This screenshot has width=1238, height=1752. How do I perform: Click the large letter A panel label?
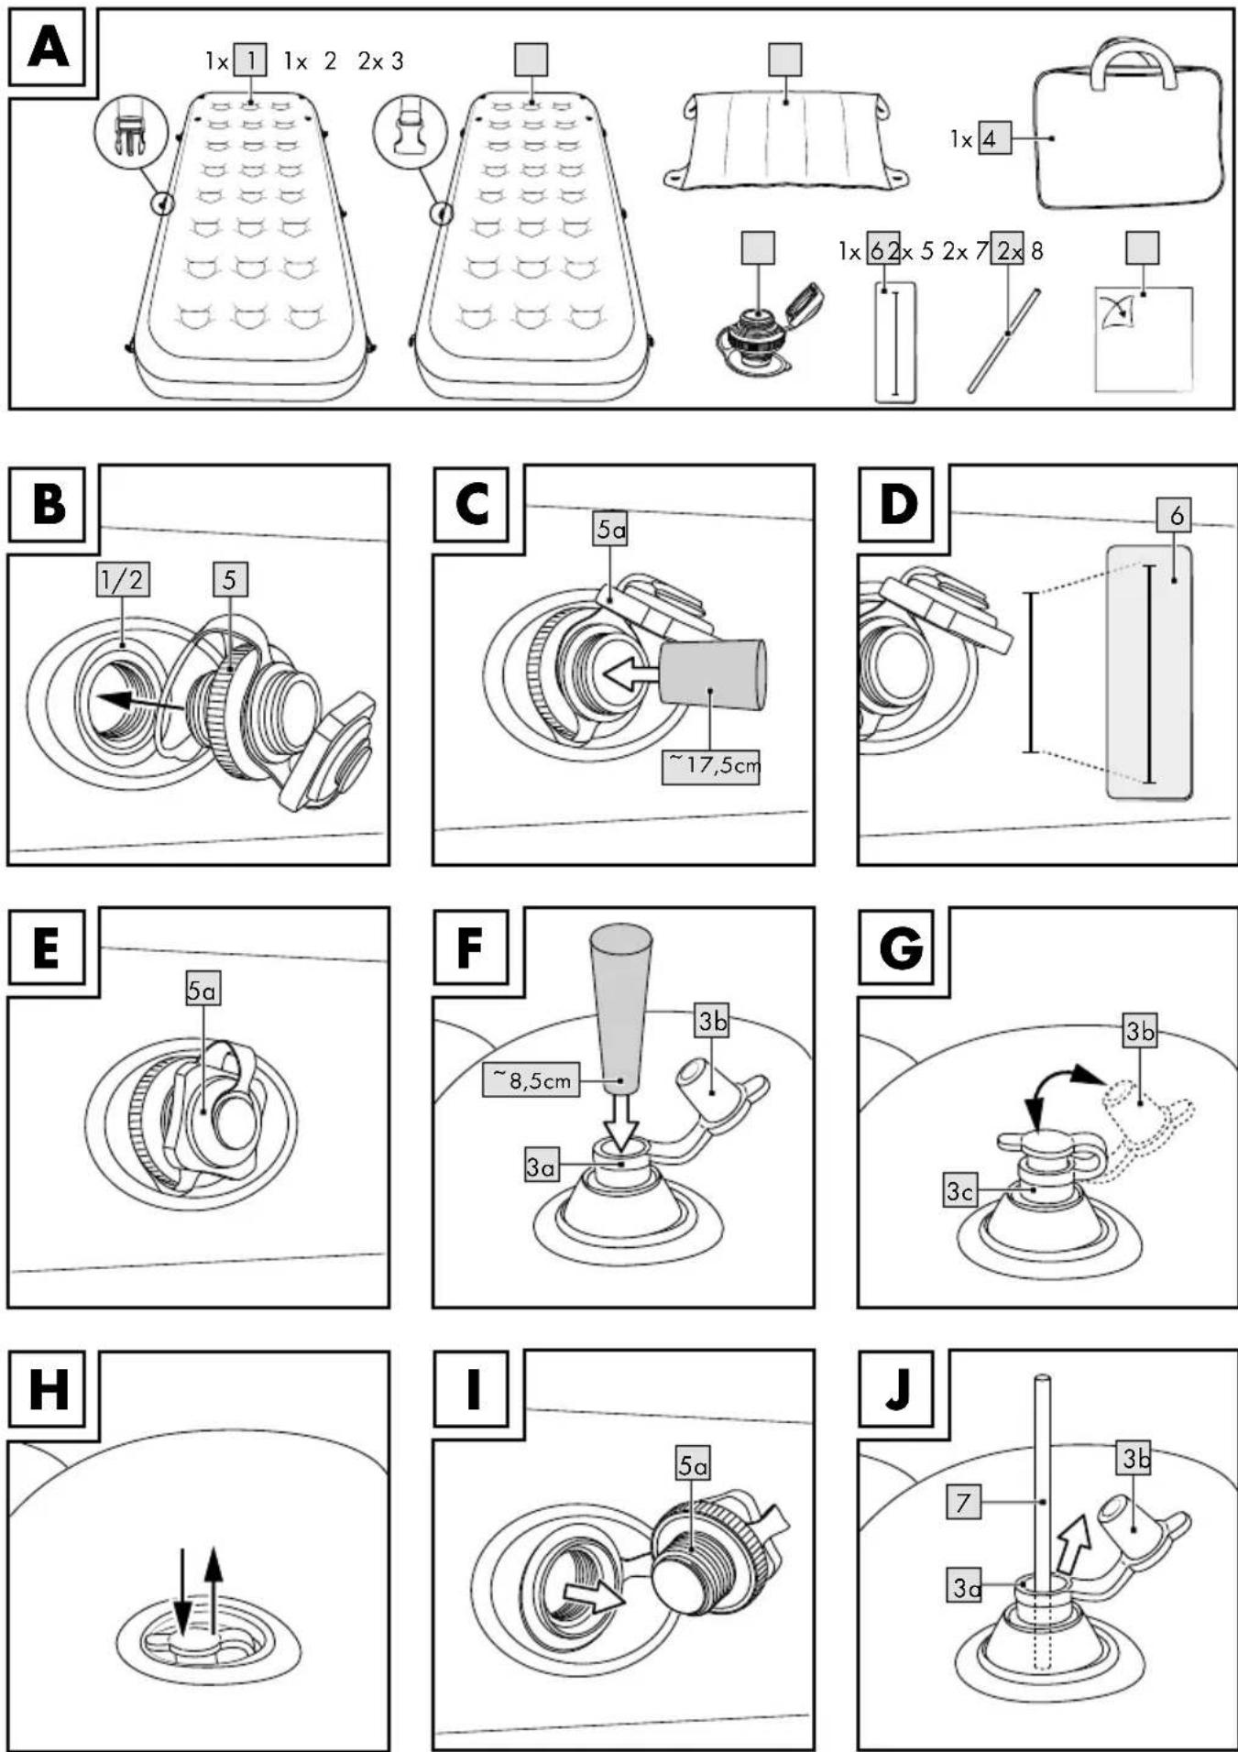point(48,48)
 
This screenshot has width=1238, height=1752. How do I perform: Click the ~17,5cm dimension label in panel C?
point(711,764)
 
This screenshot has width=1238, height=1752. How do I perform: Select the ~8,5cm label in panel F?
point(532,1080)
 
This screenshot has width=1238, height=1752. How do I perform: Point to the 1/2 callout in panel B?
point(123,579)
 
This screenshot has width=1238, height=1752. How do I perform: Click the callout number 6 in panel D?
point(1177,516)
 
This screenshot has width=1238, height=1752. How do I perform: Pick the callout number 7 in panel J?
point(963,1503)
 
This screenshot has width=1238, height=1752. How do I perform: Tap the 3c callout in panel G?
point(959,1191)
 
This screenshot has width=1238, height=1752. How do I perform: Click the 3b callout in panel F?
point(712,1023)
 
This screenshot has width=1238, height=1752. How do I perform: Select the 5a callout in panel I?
point(694,1466)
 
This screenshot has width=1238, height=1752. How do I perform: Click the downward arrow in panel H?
point(182,1593)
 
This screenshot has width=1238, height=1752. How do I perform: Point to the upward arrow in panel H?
point(214,1591)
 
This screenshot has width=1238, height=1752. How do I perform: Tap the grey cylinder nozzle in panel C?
point(713,675)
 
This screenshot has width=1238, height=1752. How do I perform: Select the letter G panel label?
point(899,948)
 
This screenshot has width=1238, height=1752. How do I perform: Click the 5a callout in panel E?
point(203,991)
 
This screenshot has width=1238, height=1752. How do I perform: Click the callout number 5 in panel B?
point(229,579)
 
